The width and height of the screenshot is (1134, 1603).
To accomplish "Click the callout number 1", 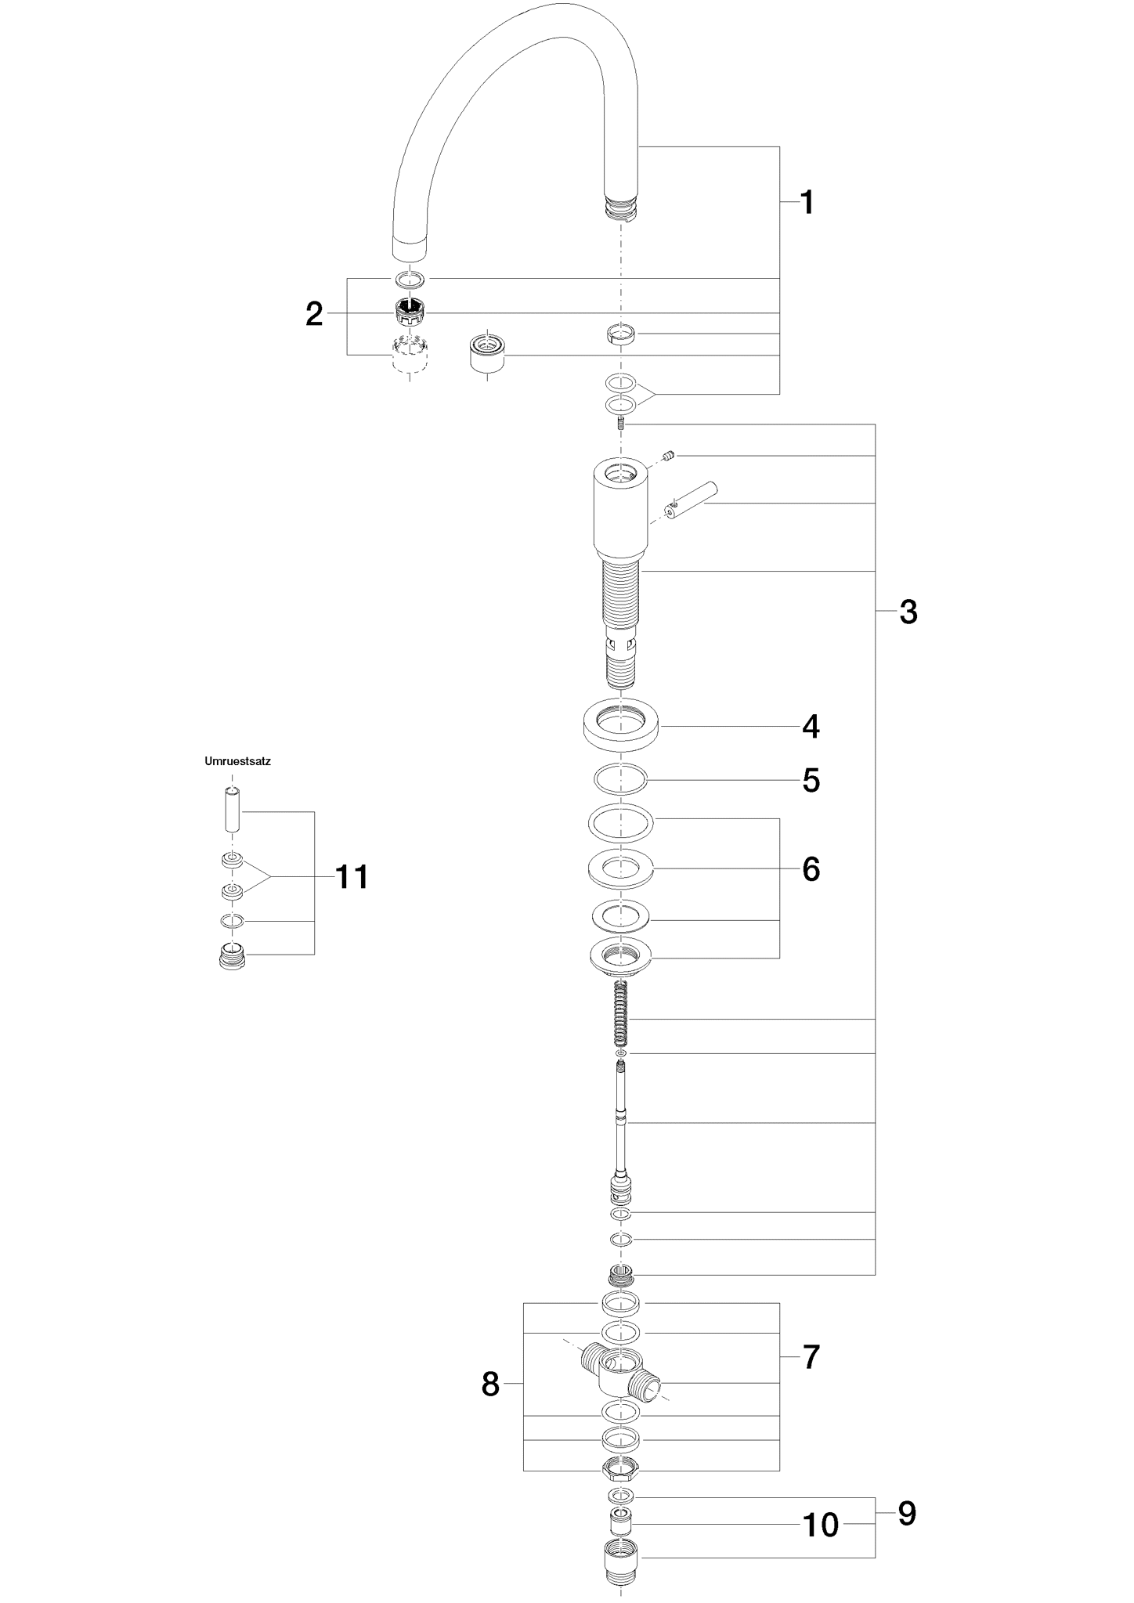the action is pos(807,203).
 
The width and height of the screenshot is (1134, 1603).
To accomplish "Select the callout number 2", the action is pos(314,314).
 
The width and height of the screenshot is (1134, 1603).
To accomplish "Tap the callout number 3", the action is pos(908,612).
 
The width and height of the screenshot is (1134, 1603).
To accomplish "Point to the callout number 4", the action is pos(811,727).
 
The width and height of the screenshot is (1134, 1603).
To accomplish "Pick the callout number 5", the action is pos(811,781).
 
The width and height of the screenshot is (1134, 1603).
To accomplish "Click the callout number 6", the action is pos(811,869).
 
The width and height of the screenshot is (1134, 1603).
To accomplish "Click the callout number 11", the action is pos(352,877).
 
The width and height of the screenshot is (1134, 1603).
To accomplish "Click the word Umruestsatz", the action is pos(237,761).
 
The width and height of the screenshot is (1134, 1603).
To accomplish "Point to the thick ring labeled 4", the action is pos(619,724).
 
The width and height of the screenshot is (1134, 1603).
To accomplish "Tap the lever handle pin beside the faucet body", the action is pos(692,500).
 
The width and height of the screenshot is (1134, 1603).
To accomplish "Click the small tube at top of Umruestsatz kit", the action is pos(231,811).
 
